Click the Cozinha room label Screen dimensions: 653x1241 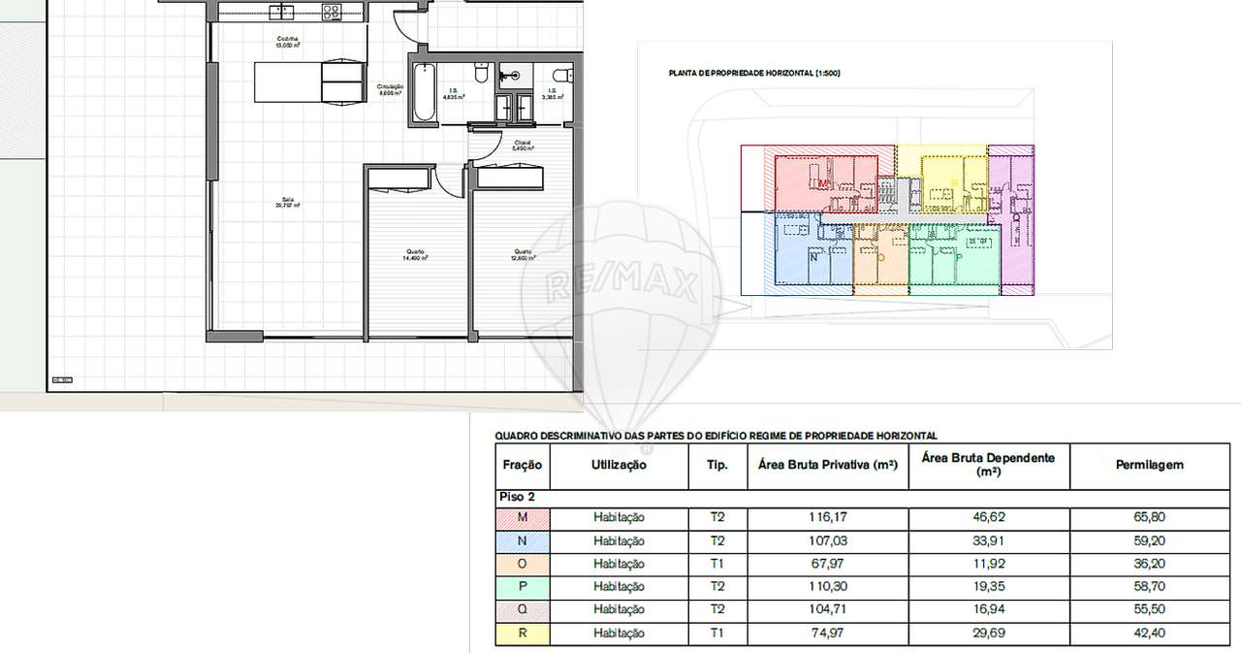point(287,38)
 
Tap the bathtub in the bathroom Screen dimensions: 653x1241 point(424,94)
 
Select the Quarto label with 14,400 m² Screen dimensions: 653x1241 point(416,254)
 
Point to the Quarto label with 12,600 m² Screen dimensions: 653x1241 point(524,254)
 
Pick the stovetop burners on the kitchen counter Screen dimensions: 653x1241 point(332,13)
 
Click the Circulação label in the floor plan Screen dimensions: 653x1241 point(391,89)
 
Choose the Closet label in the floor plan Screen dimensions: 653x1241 point(522,146)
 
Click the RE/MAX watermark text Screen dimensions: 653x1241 point(621,284)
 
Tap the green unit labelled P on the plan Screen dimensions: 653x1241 point(956,258)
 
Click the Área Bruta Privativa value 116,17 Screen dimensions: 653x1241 point(827,518)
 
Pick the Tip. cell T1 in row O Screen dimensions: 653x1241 point(717,564)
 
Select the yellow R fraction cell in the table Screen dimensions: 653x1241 point(523,634)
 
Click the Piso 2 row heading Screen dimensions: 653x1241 point(517,497)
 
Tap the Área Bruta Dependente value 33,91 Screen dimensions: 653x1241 point(989,540)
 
